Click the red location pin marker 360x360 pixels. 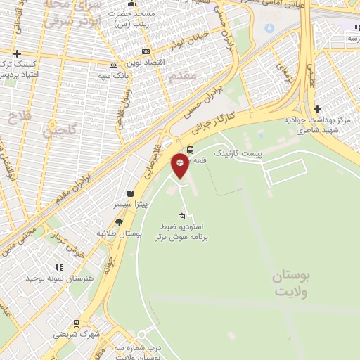180,164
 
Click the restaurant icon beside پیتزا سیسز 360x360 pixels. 130,193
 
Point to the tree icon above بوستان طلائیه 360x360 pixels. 118,221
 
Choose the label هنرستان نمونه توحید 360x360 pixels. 59,278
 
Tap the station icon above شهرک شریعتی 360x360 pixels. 76,323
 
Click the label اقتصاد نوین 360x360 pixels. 145,63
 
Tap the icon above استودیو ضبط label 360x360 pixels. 182,216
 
